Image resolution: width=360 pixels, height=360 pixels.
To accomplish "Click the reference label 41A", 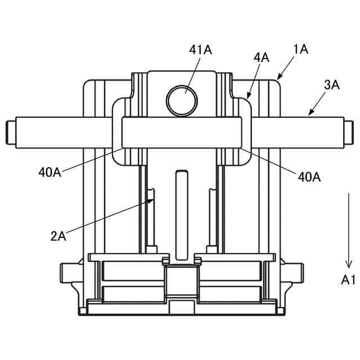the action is (x=200, y=50).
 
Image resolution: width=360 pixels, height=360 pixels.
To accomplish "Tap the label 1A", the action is (x=300, y=49).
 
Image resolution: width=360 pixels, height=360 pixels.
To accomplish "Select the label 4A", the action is (x=261, y=57).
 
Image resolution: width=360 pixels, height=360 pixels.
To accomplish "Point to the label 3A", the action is (x=331, y=85).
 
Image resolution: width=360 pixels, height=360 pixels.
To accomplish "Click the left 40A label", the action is (x=50, y=172).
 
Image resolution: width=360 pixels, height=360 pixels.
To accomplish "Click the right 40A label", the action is (x=309, y=177).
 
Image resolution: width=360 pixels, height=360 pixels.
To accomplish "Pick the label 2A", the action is (x=58, y=236).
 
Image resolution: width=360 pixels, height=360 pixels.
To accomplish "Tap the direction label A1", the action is (x=348, y=280).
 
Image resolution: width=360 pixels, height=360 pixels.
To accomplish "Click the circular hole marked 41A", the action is (x=182, y=101).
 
